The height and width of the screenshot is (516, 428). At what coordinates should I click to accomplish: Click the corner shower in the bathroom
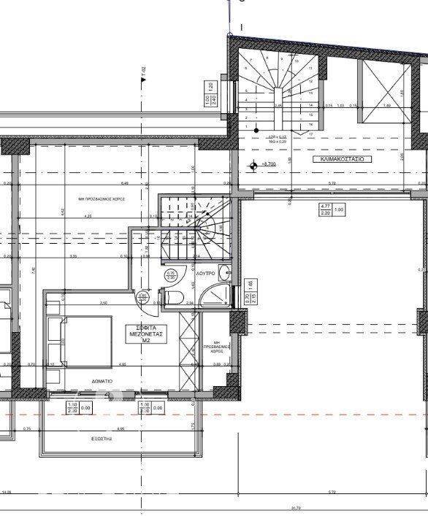tap(216, 296)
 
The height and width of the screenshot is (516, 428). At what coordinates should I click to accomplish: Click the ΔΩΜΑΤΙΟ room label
tap(102, 381)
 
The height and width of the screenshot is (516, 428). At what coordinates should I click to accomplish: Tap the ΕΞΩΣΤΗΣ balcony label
tap(102, 440)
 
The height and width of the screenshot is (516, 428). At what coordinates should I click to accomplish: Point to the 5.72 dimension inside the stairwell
tap(332, 183)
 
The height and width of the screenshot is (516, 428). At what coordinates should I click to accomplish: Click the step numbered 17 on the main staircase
tap(310, 134)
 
